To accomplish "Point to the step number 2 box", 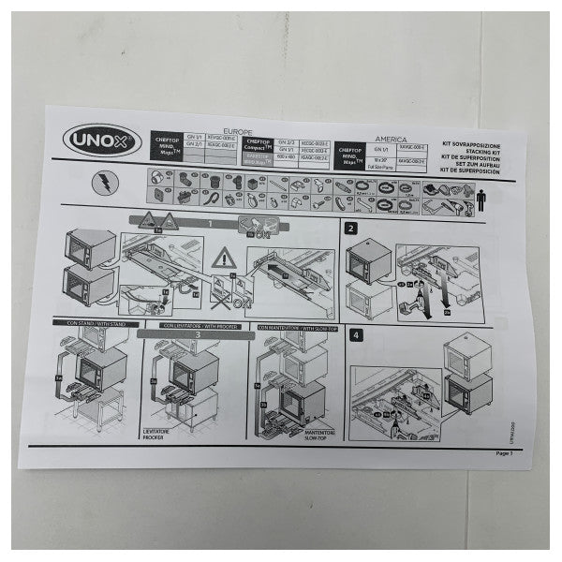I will pos(350,229).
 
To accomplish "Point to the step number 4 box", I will pos(354,334).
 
